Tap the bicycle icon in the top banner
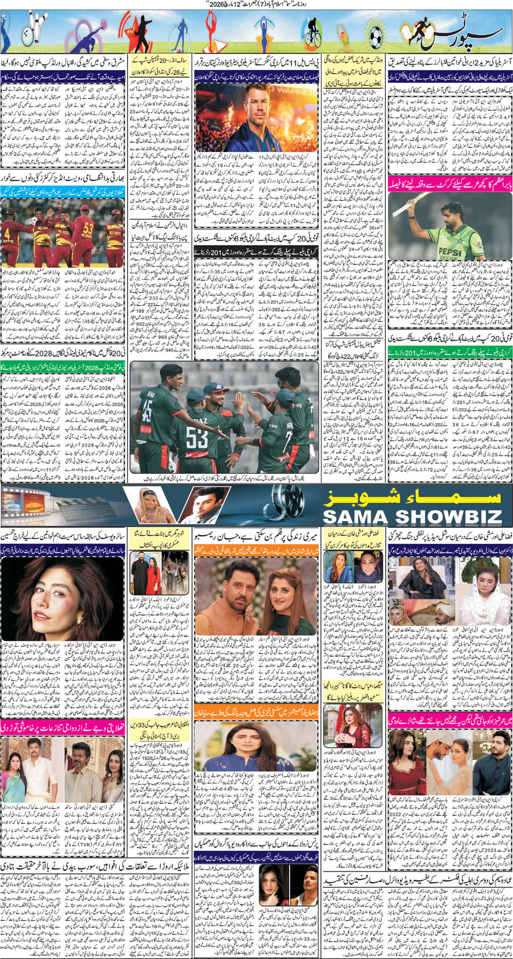[x=312, y=33]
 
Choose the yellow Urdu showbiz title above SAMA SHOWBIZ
[x=411, y=496]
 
